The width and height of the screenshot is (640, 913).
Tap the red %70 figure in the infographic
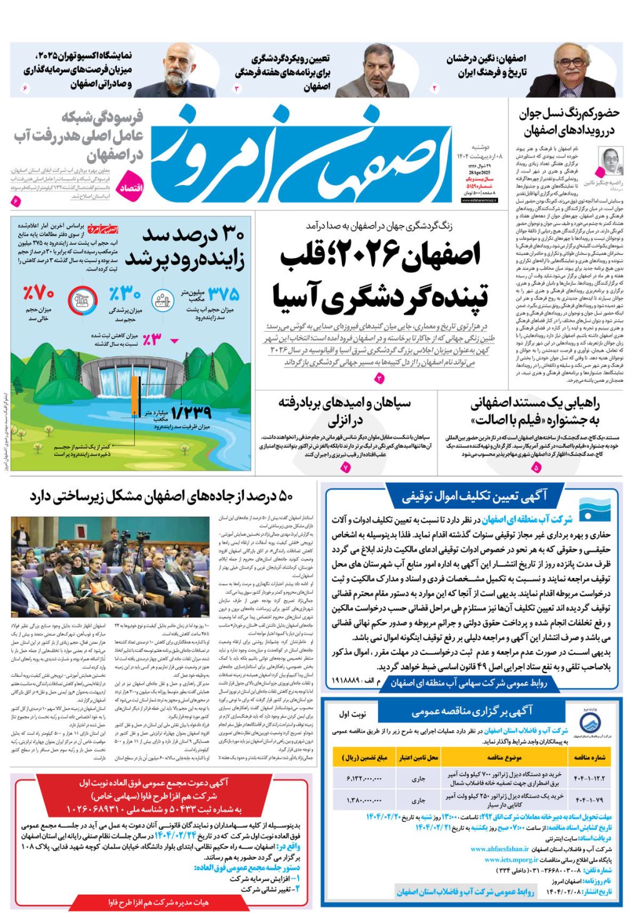click(x=39, y=292)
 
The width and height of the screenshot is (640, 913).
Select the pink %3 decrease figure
click(x=152, y=339)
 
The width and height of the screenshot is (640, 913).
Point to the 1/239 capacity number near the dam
click(x=191, y=412)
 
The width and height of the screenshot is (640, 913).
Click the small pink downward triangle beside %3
click(x=174, y=341)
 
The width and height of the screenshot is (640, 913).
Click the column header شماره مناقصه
click(x=590, y=757)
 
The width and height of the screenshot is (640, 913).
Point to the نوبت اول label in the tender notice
click(x=353, y=714)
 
